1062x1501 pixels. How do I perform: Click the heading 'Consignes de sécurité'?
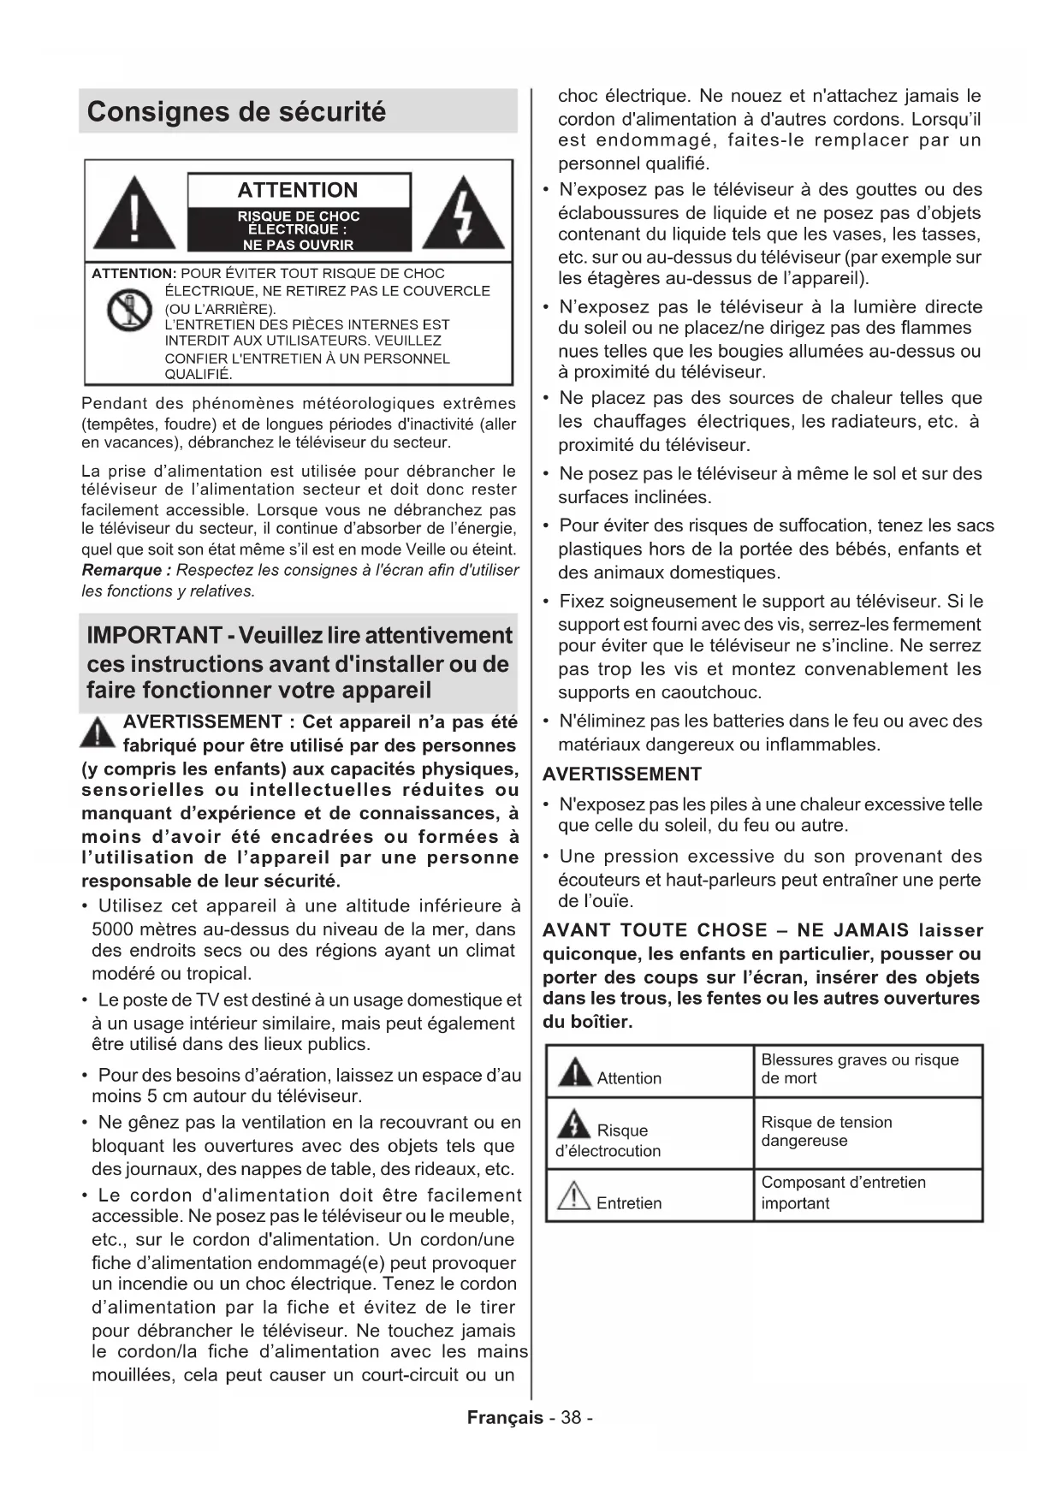(237, 112)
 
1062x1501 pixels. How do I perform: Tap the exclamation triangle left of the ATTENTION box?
(134, 214)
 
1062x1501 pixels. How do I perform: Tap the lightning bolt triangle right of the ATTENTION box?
(463, 214)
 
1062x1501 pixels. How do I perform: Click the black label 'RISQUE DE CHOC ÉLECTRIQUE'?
(299, 230)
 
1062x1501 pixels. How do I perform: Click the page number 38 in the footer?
(572, 1418)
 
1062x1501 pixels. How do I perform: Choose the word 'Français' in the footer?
(505, 1418)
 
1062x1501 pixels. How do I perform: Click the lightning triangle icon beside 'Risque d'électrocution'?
(573, 1123)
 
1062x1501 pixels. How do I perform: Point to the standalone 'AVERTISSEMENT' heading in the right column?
(622, 774)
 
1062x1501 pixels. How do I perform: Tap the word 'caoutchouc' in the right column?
(715, 692)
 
